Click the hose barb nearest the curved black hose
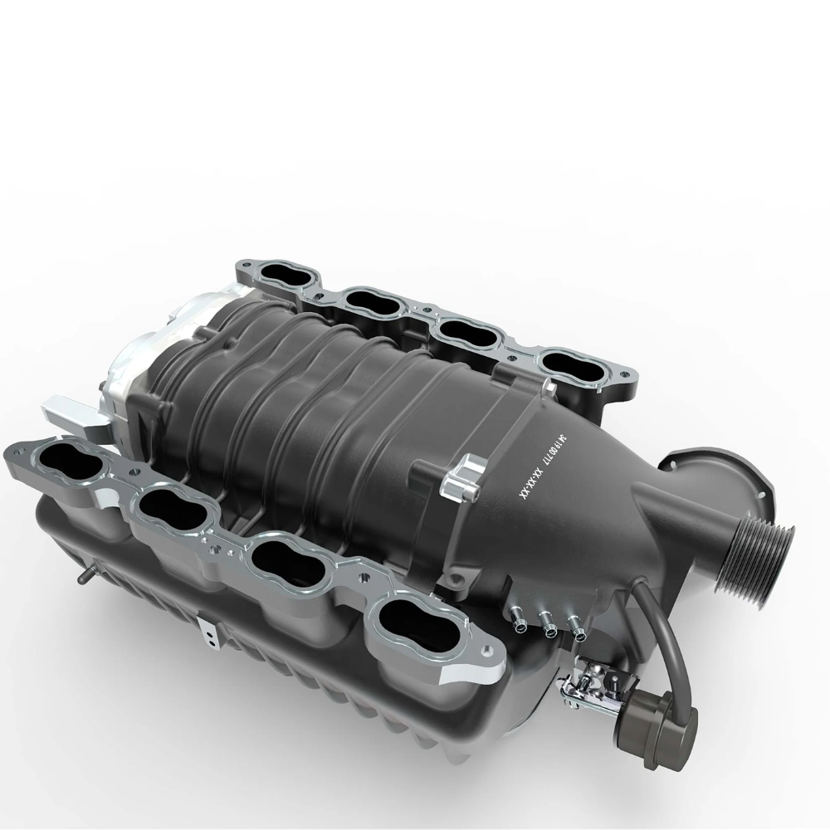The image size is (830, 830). (576, 630)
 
